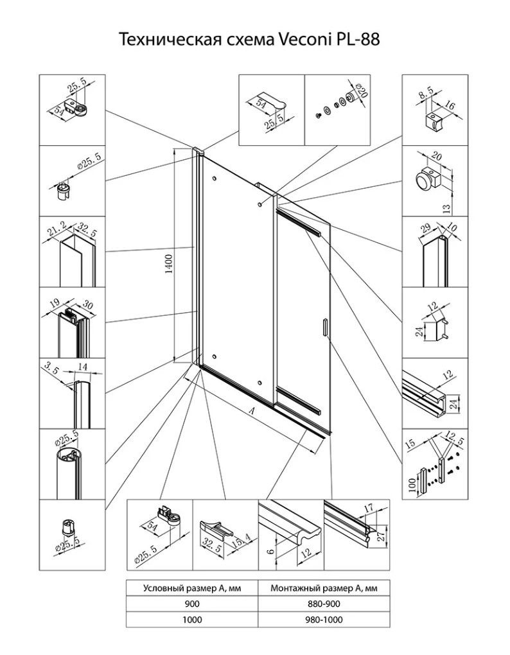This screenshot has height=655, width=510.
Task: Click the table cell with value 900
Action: pyautogui.click(x=191, y=604)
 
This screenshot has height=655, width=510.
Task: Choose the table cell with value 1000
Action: pyautogui.click(x=191, y=620)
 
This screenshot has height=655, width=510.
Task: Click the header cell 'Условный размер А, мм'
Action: pyautogui.click(x=191, y=588)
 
